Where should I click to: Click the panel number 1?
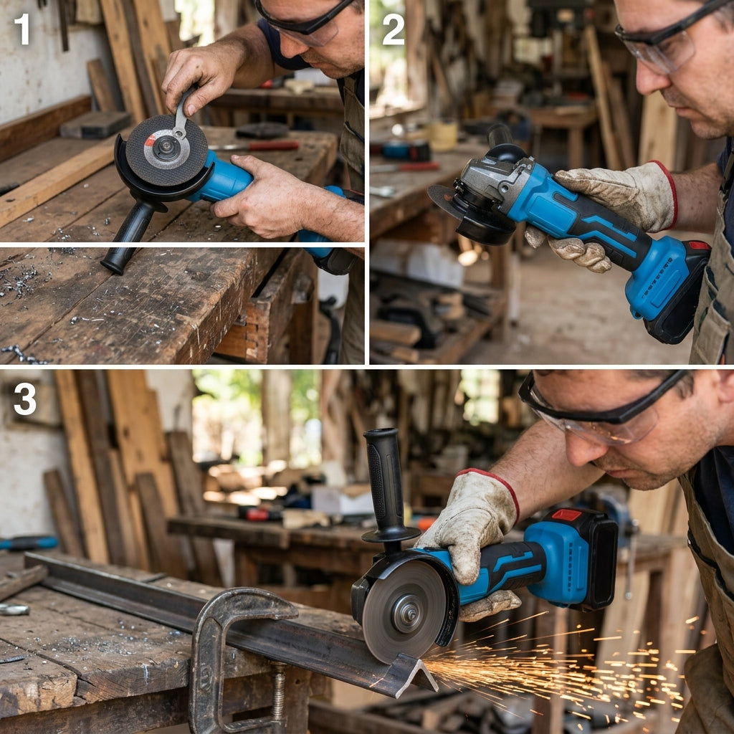[x=22, y=29]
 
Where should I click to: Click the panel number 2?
[x=394, y=29]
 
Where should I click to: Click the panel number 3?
[x=25, y=399]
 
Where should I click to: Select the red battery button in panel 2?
[x=698, y=245]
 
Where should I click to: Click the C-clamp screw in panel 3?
[x=279, y=693]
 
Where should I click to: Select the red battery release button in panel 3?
[x=566, y=515]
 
